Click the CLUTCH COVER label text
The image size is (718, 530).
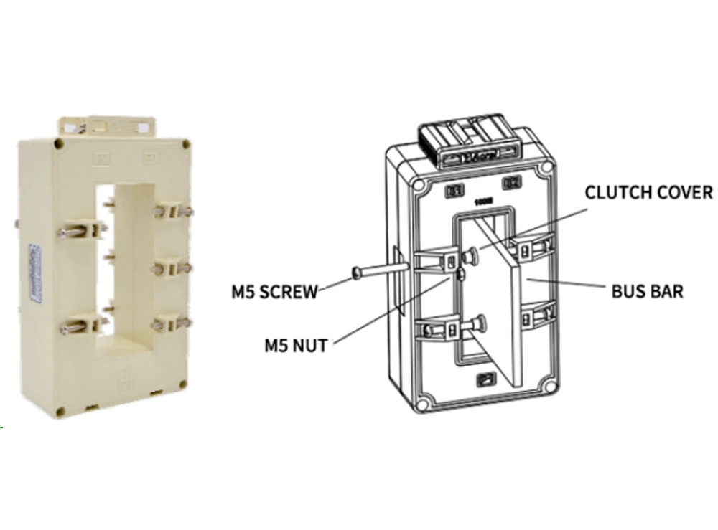648,192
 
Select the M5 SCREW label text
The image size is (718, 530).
274,292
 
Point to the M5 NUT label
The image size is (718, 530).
295,346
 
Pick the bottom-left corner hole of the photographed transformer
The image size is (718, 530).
60,411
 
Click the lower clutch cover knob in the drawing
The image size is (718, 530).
480,324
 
